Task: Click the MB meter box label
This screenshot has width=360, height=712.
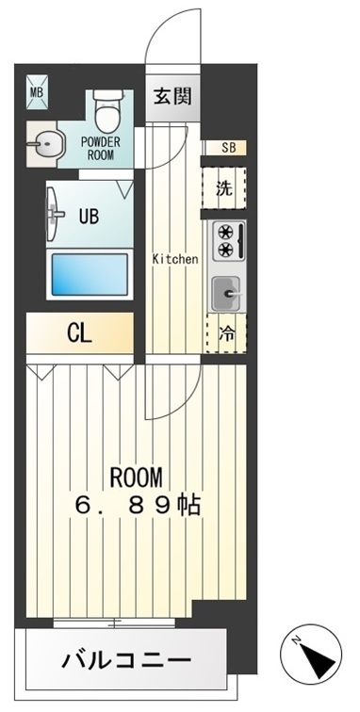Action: (36, 91)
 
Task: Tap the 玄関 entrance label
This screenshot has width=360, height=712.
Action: (173, 97)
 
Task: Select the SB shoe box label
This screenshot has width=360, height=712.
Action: (228, 146)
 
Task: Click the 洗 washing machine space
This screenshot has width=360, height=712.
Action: (224, 187)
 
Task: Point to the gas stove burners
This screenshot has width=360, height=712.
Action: (226, 239)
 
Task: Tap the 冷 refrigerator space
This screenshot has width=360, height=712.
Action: (226, 332)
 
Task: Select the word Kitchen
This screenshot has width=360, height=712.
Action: (176, 258)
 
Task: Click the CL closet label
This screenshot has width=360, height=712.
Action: (79, 333)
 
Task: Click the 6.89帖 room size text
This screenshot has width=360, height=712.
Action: (137, 505)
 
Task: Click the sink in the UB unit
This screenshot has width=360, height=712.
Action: (55, 213)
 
